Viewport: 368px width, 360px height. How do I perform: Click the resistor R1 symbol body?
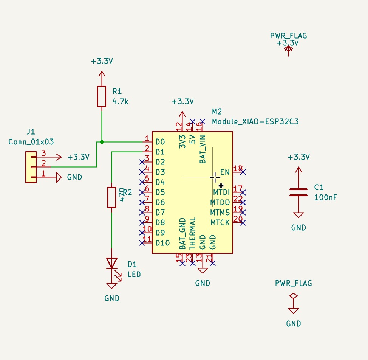pos(101,96)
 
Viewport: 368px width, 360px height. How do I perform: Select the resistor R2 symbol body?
pos(111,197)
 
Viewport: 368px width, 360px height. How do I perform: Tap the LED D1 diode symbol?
pos(111,263)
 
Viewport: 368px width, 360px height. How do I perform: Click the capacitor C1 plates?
pos(298,192)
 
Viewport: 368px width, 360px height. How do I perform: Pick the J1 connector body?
pos(31,167)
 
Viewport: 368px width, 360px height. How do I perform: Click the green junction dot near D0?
pos(102,142)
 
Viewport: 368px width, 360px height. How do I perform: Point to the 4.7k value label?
pos(121,101)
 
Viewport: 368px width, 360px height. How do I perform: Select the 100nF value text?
pos(325,197)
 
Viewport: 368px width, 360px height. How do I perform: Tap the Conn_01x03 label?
pos(31,142)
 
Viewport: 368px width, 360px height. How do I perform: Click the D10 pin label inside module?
pos(162,243)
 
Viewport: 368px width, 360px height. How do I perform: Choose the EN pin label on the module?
pos(225,172)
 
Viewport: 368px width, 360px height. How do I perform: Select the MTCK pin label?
pos(220,222)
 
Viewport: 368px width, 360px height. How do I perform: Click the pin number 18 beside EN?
pos(238,168)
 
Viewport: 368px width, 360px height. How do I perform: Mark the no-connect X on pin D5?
pos(142,192)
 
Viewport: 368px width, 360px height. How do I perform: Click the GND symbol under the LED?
pos(111,285)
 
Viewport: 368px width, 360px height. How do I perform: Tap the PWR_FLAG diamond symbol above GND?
pos(293,296)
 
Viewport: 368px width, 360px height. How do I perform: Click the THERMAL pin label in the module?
pos(192,233)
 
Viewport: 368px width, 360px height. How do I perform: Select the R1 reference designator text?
pos(117,91)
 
